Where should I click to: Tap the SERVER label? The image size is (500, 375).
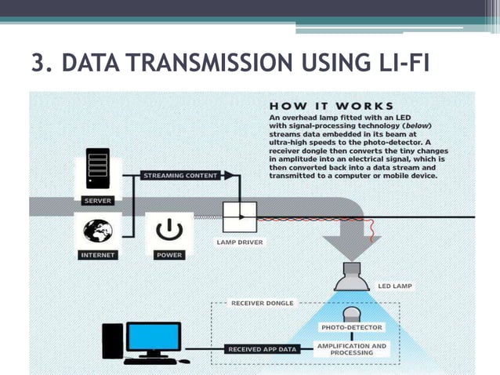[x=97, y=200]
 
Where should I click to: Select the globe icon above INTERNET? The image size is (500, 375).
[x=98, y=230]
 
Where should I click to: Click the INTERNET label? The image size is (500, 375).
[x=98, y=255]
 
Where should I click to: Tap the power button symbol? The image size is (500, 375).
[x=169, y=231]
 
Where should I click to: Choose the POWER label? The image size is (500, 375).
[x=169, y=255]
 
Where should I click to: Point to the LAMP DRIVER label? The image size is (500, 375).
[x=239, y=242]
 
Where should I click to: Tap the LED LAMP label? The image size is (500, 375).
[x=396, y=286]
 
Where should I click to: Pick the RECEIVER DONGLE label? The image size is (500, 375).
[x=262, y=302]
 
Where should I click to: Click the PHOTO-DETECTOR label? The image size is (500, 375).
[x=351, y=327]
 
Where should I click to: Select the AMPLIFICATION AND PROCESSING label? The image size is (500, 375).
[x=351, y=348]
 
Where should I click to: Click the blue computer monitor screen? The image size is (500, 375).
[x=154, y=337]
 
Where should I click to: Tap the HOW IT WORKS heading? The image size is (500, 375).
[x=332, y=104]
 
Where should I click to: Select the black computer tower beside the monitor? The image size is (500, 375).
[x=113, y=340]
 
